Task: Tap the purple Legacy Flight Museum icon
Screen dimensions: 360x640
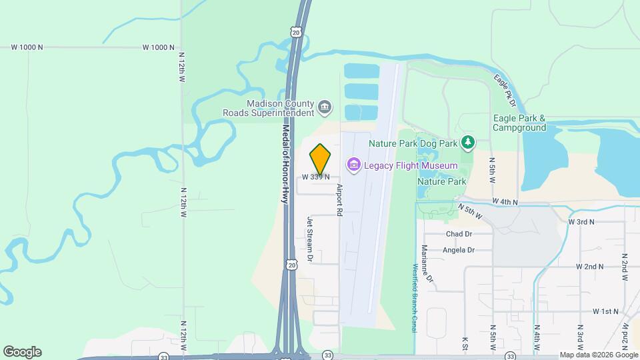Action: [x=353, y=165]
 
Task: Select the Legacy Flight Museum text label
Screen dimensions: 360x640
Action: [x=410, y=165]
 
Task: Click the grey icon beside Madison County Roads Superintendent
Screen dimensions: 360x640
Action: [x=325, y=107]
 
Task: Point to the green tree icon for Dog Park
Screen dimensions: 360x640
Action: [x=469, y=142]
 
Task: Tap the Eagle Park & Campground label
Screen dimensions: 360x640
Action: [x=519, y=123]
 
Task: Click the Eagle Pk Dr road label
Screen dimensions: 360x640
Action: [x=506, y=91]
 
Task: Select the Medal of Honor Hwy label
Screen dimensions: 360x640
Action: [x=285, y=164]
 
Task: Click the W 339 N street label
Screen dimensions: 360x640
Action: [x=316, y=177]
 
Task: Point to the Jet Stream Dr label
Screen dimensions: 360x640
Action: [x=309, y=238]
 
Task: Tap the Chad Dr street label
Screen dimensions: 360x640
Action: [x=459, y=234]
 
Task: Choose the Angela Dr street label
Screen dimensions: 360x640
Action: [x=459, y=250]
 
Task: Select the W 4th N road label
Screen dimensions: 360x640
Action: [x=505, y=201]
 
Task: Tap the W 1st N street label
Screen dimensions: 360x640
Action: [x=606, y=311]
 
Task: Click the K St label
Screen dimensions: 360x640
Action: [x=464, y=343]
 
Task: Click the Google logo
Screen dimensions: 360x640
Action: [x=22, y=352]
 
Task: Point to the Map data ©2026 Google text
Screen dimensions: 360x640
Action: [x=598, y=355]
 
